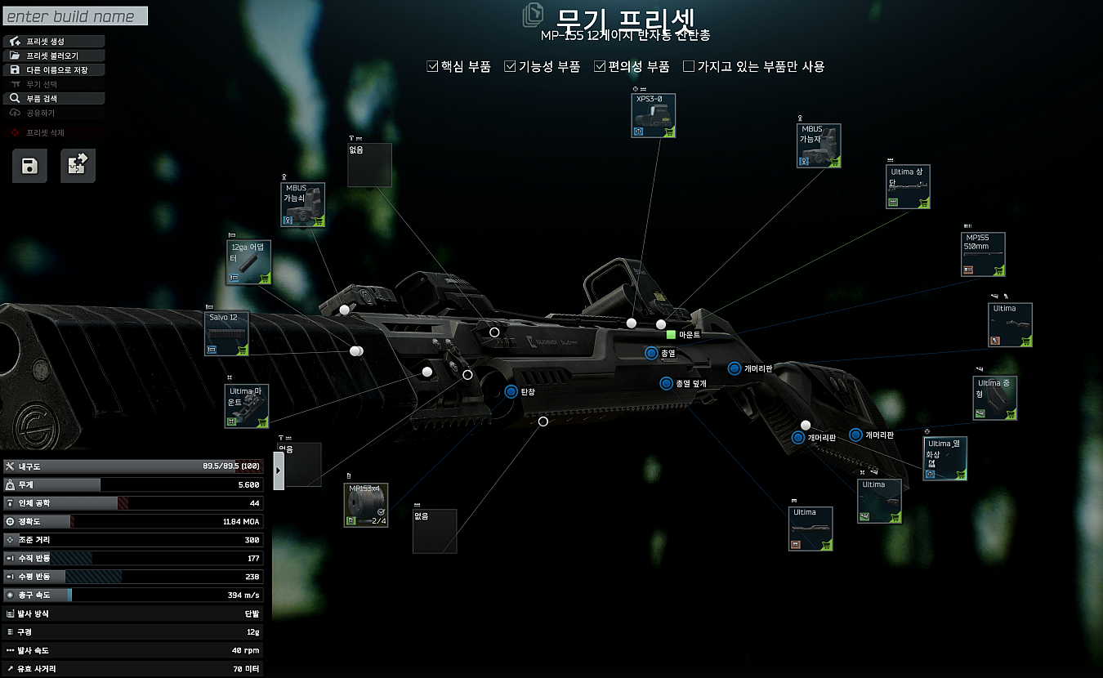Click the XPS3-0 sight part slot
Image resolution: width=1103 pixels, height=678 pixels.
(654, 115)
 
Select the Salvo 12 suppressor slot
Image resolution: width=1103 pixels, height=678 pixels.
(226, 334)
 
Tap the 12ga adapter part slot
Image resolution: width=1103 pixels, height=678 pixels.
(248, 263)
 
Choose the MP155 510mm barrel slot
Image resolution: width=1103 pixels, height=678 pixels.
(983, 255)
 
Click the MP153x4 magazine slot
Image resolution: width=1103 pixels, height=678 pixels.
(365, 505)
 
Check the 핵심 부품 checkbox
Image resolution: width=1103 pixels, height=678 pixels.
(433, 67)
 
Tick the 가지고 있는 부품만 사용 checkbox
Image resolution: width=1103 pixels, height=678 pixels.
(689, 67)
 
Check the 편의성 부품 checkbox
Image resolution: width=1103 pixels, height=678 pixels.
(600, 67)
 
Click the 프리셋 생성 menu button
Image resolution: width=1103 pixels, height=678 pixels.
(55, 42)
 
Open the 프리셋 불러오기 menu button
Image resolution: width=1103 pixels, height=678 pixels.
(55, 56)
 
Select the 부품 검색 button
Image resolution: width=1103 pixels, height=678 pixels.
(55, 98)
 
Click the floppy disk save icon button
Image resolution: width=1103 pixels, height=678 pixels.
(29, 166)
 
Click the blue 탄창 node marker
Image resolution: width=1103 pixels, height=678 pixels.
(511, 391)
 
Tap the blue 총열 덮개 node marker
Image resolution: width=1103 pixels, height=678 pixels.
(666, 383)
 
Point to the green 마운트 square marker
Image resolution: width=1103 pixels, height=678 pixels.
(671, 335)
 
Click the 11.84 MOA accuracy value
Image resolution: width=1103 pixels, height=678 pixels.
(240, 521)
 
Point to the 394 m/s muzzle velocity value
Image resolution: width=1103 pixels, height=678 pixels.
(243, 595)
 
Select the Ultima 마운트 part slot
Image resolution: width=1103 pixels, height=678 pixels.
(247, 407)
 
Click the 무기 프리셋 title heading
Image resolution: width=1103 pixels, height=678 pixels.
(626, 18)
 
